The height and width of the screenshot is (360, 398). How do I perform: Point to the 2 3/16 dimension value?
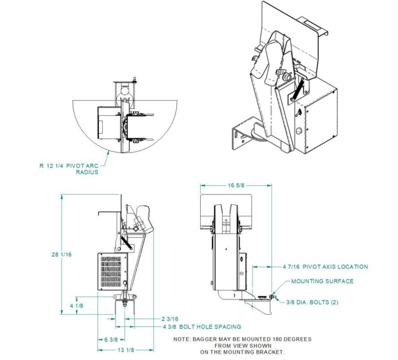(170, 318)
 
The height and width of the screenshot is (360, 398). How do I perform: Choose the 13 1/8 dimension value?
(125, 351)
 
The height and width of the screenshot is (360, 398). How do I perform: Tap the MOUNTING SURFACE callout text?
(322, 281)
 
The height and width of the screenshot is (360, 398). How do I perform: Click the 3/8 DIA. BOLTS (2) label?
(312, 302)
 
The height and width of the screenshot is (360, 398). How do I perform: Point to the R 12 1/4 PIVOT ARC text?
(68, 165)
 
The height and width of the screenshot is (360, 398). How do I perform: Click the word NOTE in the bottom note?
(181, 339)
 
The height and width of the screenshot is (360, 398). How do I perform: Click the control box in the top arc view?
(107, 122)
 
